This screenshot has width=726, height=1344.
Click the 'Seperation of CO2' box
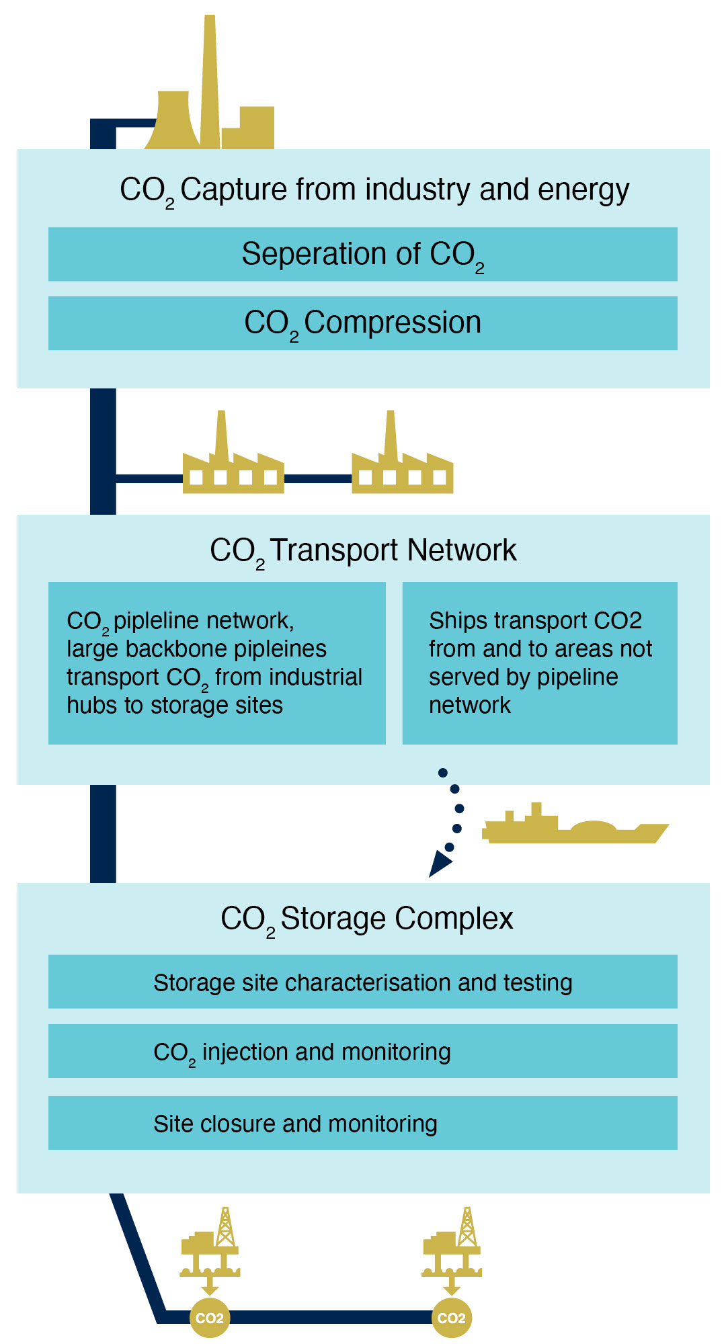tap(363, 255)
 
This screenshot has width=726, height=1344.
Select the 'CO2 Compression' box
tap(363, 323)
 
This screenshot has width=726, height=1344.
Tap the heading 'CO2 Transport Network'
tap(363, 550)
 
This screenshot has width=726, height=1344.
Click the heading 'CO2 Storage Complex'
tap(366, 919)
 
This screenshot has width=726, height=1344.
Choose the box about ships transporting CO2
tap(539, 663)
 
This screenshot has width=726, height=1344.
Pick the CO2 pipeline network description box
tap(216, 663)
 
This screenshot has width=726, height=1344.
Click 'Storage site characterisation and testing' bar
tap(363, 982)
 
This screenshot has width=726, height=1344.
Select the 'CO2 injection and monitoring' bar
tap(363, 1052)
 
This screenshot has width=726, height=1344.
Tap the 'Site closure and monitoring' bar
tap(363, 1124)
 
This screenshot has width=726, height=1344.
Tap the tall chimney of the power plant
tap(210, 81)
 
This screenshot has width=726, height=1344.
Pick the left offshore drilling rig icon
tap(210, 1247)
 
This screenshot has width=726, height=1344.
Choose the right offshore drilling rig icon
tap(452, 1247)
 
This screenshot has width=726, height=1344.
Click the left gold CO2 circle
tap(210, 1318)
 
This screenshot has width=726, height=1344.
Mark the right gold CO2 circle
tap(452, 1318)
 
